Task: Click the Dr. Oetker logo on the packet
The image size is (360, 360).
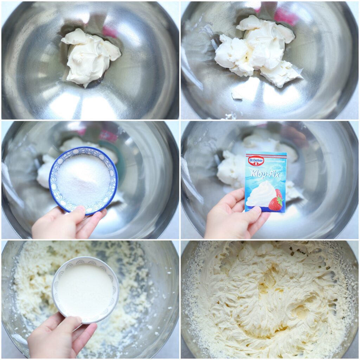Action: point(256,161)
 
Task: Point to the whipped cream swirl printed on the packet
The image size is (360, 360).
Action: point(261,194)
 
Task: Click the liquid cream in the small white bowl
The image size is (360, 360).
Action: point(85,289)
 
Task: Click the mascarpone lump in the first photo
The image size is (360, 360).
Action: point(90,56)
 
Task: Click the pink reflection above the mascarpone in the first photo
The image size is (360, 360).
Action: point(110,32)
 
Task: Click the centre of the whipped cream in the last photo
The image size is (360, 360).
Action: point(269,299)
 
